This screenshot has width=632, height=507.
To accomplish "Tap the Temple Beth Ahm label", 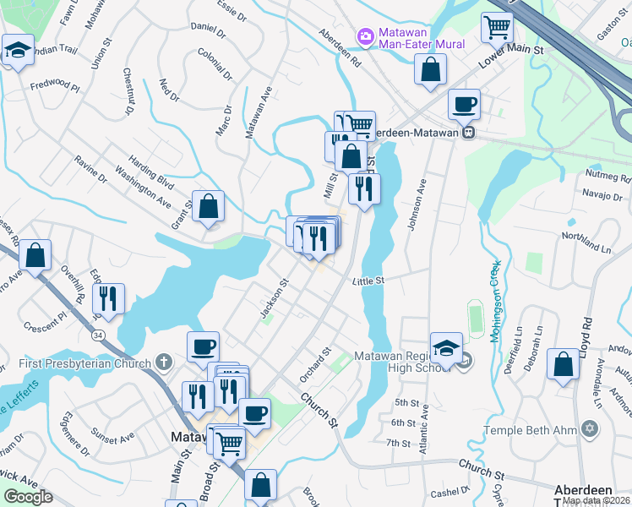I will [x=530, y=429].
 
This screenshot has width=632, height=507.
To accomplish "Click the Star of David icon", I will [x=591, y=429].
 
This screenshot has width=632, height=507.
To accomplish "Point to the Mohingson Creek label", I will [x=496, y=299].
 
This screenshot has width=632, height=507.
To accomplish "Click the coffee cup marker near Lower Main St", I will [x=464, y=106].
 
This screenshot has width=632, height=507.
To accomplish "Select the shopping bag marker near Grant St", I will [x=208, y=206].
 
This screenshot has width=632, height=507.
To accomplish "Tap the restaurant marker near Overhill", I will [x=108, y=298].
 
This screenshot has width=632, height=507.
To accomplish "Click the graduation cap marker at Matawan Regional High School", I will [x=445, y=346].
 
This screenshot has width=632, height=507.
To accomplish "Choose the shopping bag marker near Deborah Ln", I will [x=564, y=366].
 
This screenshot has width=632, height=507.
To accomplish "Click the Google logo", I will [x=29, y=497].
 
